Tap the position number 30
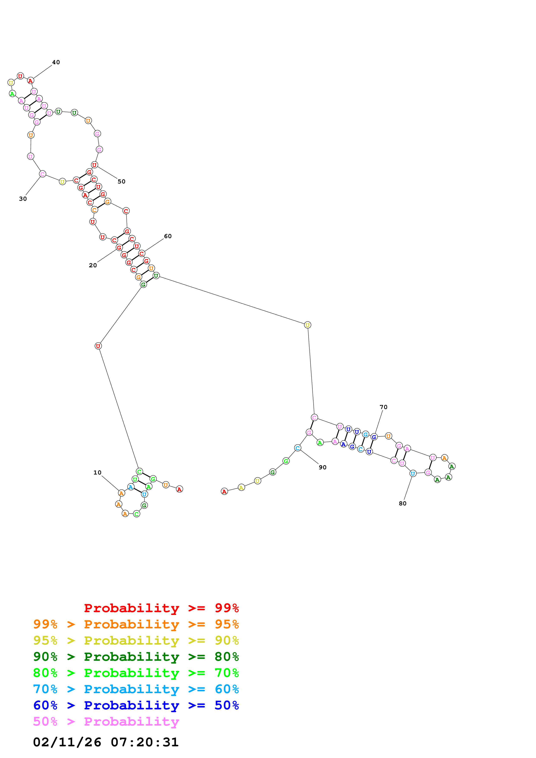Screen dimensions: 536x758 (x=23, y=199)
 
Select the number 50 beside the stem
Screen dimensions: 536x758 (x=122, y=182)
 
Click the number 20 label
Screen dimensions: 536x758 (x=93, y=265)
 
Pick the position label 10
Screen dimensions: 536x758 (x=98, y=473)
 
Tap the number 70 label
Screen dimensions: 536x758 (x=383, y=407)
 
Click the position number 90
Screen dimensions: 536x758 (x=323, y=467)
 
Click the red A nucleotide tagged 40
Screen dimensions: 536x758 (x=31, y=81)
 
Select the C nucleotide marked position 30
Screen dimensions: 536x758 (x=43, y=174)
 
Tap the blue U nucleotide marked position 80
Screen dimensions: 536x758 (x=413, y=473)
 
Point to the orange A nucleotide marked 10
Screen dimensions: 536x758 (x=122, y=493)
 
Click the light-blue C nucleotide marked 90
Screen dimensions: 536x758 (x=298, y=448)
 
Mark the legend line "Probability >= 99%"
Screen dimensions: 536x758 (x=161, y=608)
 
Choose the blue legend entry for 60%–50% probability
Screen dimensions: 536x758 (x=136, y=705)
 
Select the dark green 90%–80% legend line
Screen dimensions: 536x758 (x=136, y=657)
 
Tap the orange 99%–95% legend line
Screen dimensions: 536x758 (x=136, y=624)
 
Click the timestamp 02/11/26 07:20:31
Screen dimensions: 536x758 (x=106, y=742)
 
